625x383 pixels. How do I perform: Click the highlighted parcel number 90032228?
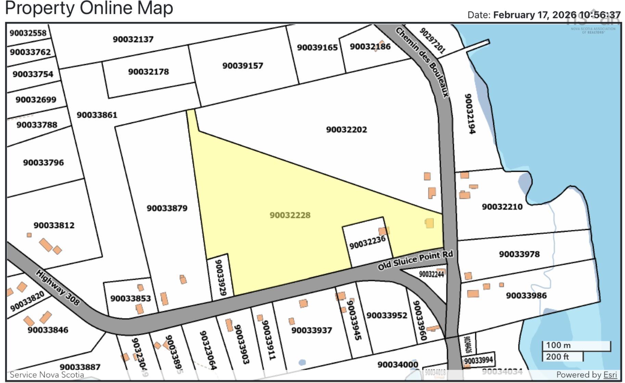pos(290,215)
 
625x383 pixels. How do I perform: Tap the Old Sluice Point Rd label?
pos(415,260)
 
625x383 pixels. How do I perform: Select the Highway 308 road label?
pos(58,288)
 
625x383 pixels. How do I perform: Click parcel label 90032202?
pos(346,129)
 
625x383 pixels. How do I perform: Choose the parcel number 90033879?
pos(167,208)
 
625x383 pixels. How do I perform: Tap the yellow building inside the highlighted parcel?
pos(429,223)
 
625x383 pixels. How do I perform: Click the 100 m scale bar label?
pos(558,345)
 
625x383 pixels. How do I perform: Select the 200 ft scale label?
pos(557,357)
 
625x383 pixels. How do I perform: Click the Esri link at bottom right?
pos(610,375)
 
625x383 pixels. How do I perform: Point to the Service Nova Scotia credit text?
pos(47,375)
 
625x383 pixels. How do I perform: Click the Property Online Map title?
pos(89,8)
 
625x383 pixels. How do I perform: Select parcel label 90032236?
pos(367,243)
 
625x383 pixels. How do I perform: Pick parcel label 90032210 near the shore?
pos(502,207)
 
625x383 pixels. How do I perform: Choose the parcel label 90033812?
pos(54,225)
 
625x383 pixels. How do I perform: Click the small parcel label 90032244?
pos(431,274)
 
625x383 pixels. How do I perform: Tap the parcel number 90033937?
pos(311,331)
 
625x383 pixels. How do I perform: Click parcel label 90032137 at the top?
pos(133,39)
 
